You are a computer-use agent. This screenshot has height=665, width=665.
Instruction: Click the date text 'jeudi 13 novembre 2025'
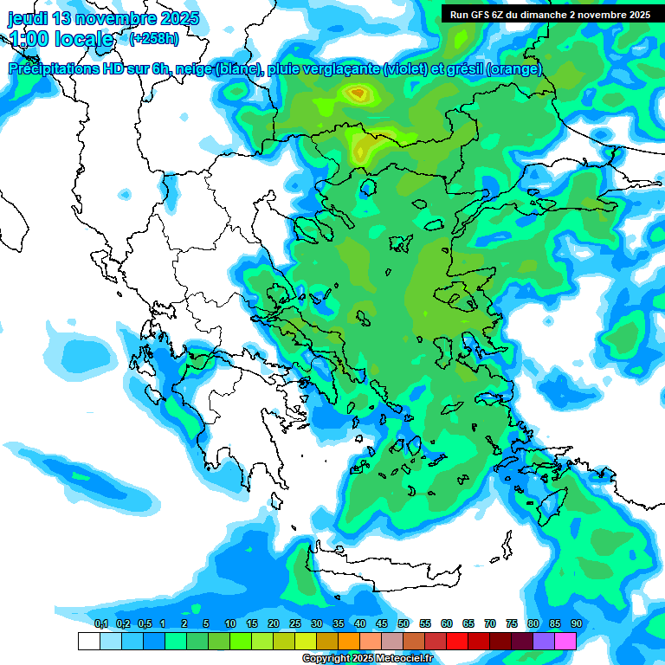pyautogui.click(x=103, y=18)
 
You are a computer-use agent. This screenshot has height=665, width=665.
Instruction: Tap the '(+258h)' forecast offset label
pyautogui.click(x=153, y=39)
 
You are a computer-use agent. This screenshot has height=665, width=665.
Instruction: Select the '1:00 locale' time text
pyautogui.click(x=61, y=39)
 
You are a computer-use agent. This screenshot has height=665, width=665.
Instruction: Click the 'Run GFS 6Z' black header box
pyautogui.click(x=551, y=14)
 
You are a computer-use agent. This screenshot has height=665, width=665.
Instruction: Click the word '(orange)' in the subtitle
pyautogui.click(x=514, y=69)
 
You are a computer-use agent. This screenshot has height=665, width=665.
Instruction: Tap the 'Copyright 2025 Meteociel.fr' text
pyautogui.click(x=367, y=659)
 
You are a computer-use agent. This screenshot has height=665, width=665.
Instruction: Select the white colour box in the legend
pyautogui.click(x=89, y=641)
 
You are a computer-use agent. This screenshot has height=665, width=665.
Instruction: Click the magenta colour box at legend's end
pyautogui.click(x=565, y=641)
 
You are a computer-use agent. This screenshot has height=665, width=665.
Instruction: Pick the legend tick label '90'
pyautogui.click(x=576, y=623)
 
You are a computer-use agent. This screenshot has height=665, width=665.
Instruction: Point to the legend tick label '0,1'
pyautogui.click(x=100, y=623)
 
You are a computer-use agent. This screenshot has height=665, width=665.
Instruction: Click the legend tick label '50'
pyautogui.click(x=404, y=623)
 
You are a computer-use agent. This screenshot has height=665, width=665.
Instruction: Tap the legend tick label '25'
pyautogui.click(x=295, y=623)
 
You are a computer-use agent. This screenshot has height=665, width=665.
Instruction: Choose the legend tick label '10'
pyautogui.click(x=230, y=623)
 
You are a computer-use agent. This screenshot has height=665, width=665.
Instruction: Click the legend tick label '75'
pyautogui.click(x=512, y=623)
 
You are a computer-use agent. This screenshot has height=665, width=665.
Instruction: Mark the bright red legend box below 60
pyautogui.click(x=457, y=641)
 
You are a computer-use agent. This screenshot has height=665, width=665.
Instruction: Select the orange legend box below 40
pyautogui.click(x=349, y=641)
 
